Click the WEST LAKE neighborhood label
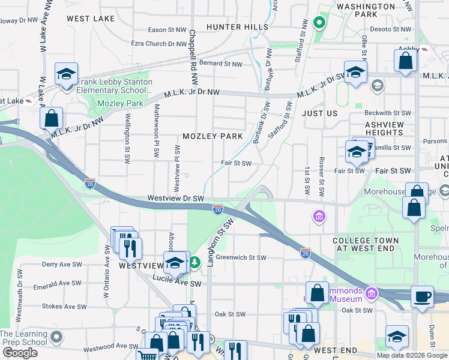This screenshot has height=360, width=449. pos(91,19)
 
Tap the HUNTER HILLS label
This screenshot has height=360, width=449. pos(234,27)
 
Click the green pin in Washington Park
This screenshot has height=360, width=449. pos(319,24)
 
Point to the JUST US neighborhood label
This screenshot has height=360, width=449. pos(320,113)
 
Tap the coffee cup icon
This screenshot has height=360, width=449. pos(422,295)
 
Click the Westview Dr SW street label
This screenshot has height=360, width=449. pos(176,198)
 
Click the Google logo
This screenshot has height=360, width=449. pos(20,352)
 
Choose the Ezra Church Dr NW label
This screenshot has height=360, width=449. pos(159,43)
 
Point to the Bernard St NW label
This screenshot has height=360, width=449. pos(220,63)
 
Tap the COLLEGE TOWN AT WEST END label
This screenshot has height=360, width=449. pos(364,244)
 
